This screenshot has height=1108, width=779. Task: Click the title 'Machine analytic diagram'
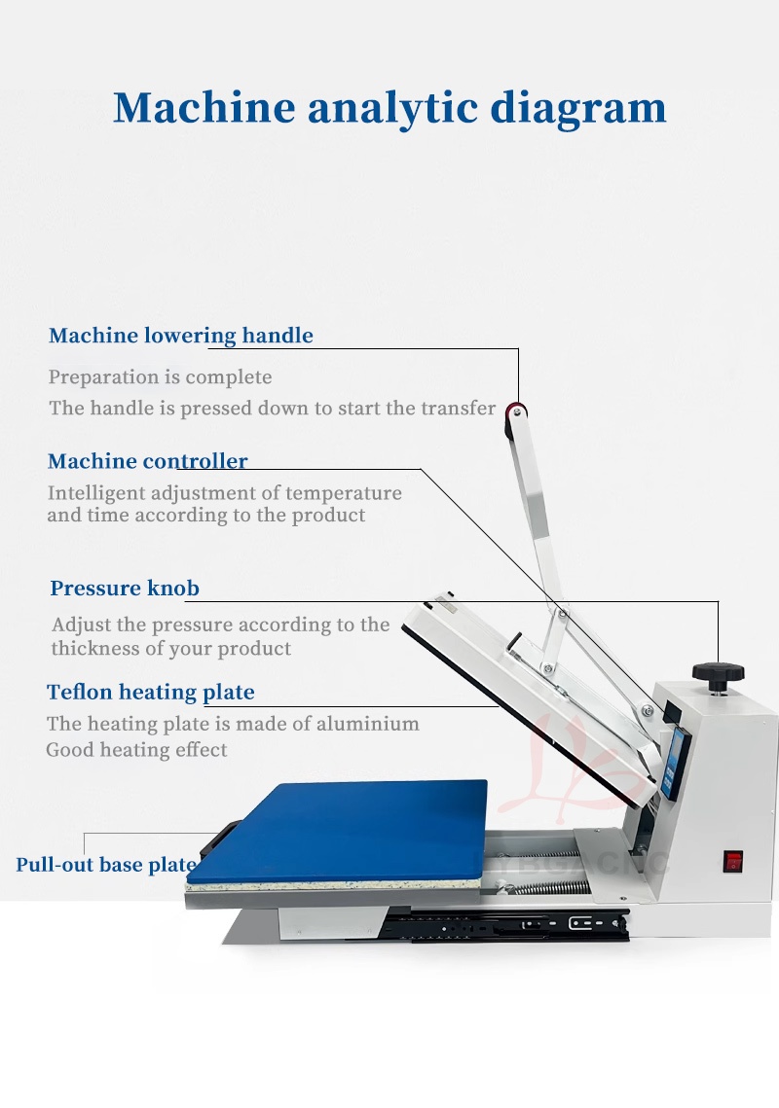pyautogui.click(x=389, y=108)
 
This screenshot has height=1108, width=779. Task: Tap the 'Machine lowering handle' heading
pyautogui.click(x=180, y=335)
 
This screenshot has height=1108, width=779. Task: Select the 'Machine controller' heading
pyautogui.click(x=147, y=461)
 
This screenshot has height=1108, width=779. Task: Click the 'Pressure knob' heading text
pyautogui.click(x=125, y=588)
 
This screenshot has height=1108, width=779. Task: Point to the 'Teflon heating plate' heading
pyautogui.click(x=151, y=692)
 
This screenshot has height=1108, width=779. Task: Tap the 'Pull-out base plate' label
pyautogui.click(x=106, y=865)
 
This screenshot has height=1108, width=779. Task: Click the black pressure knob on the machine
pyautogui.click(x=718, y=673)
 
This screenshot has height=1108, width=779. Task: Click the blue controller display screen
pyautogui.click(x=675, y=762)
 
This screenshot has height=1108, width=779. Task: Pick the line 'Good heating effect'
pyautogui.click(x=136, y=750)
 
